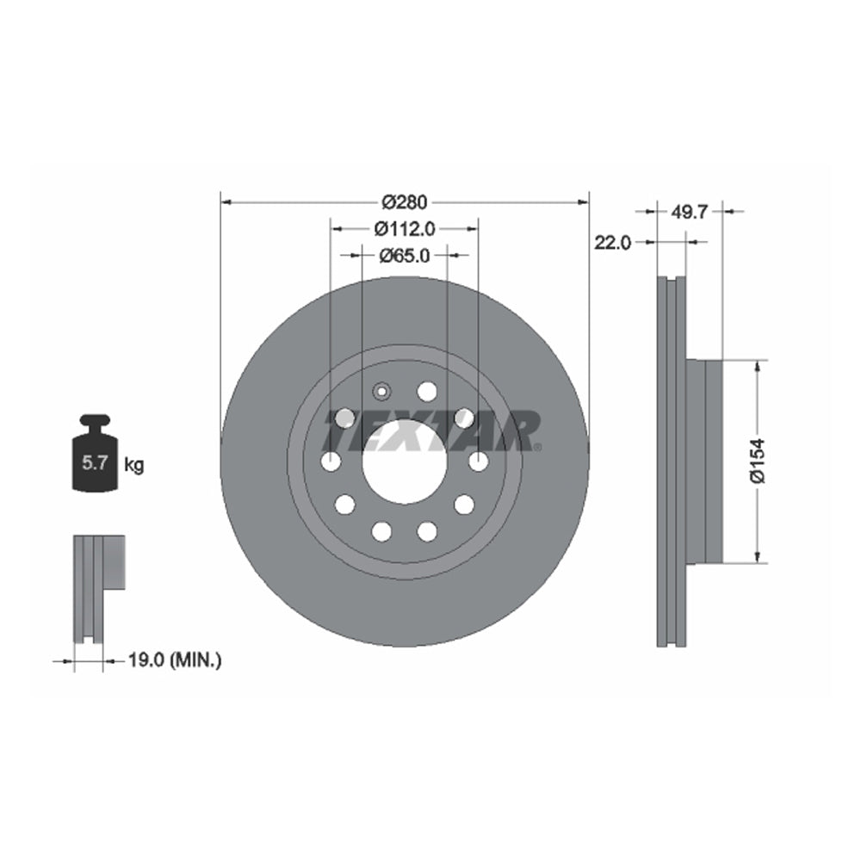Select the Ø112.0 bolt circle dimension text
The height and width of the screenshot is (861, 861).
click(x=404, y=229)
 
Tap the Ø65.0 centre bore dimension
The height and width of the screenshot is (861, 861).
click(x=404, y=255)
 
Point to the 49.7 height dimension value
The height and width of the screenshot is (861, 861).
click(x=688, y=211)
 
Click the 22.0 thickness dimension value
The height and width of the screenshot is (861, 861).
click(x=613, y=243)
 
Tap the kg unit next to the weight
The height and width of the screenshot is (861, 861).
click(x=134, y=465)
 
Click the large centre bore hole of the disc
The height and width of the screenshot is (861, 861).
click(x=404, y=462)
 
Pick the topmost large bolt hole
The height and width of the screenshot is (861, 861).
click(x=427, y=392)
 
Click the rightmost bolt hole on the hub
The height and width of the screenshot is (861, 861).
click(x=479, y=461)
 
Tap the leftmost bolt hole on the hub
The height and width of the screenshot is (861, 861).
click(x=331, y=461)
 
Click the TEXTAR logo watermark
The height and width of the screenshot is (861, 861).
click(x=430, y=430)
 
